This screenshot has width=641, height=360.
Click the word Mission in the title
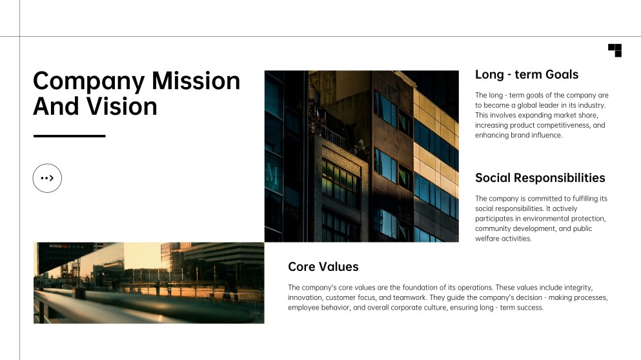pos(196,81)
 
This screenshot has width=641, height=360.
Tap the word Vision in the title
pos(121,106)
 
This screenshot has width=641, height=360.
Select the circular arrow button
pos(47,178)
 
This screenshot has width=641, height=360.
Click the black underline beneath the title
pos(70,136)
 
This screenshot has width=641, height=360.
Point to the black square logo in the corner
pos(615,50)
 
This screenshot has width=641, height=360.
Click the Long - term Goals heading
pos(527,74)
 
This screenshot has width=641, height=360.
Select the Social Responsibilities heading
pos(540,178)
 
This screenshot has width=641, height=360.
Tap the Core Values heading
pos(323,266)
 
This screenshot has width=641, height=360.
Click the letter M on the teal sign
pos(272,175)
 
